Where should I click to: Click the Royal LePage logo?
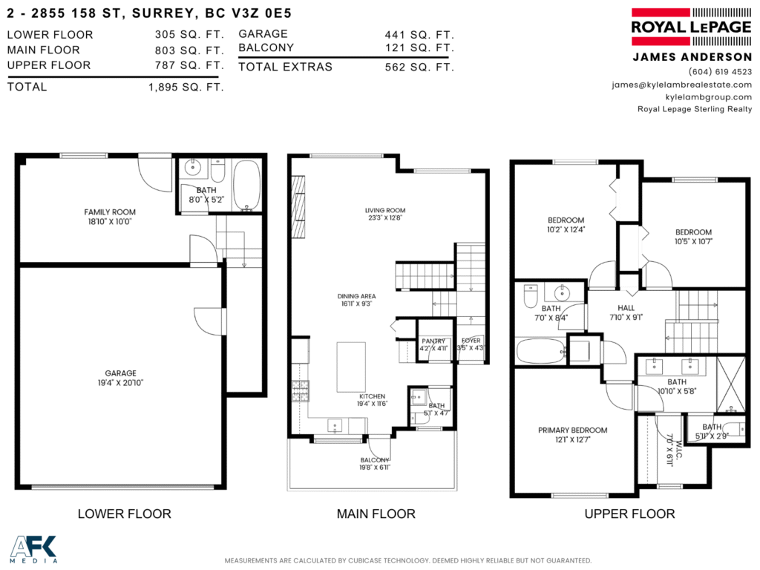coord(691,27)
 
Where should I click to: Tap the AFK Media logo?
coord(33,549)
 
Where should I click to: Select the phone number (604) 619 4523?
coord(720,72)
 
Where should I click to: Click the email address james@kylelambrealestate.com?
coord(681,85)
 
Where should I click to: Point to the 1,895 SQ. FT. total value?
coord(186,88)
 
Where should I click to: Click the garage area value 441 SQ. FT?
coord(419,35)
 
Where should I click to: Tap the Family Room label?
coord(110,212)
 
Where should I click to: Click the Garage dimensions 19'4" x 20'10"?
coord(121,382)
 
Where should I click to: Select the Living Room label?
coord(385,210)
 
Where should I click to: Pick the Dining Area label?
coord(357,296)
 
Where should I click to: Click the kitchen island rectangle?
coord(351,367)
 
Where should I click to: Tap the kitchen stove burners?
coord(300,390)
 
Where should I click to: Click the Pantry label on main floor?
coord(433,341)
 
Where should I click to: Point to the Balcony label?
coord(375,460)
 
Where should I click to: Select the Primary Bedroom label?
coord(573,430)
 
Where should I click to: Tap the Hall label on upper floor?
coord(626,308)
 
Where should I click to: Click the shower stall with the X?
coord(730,384)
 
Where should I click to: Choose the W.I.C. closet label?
coord(679,451)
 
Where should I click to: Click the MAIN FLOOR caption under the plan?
coord(376,514)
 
